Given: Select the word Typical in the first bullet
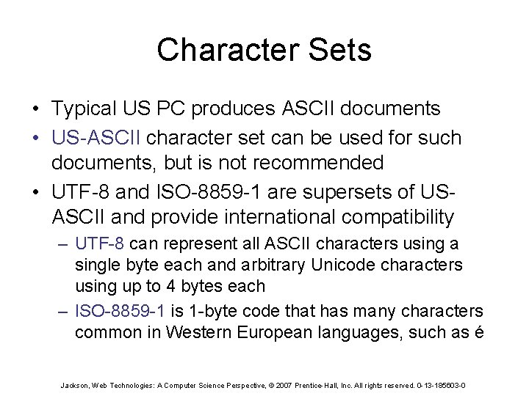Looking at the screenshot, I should tap(84, 109).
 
